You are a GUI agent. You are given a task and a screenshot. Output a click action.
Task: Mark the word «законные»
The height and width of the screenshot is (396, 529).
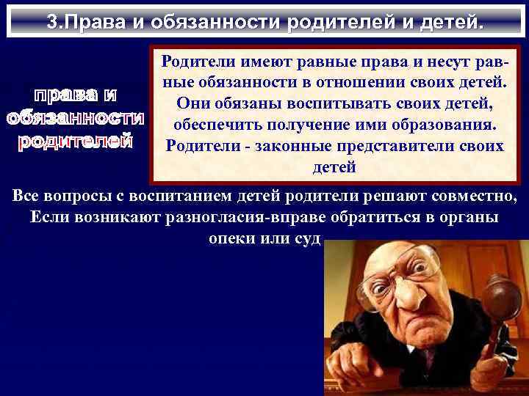click(x=287, y=145)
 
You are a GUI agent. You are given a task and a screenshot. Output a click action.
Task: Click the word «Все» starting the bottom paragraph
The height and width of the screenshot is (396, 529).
click(x=27, y=197)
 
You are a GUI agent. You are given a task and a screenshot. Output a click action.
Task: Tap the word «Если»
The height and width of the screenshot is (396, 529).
click(x=50, y=218)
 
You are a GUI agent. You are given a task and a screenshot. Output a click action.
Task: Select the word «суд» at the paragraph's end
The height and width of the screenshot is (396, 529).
click(x=306, y=239)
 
